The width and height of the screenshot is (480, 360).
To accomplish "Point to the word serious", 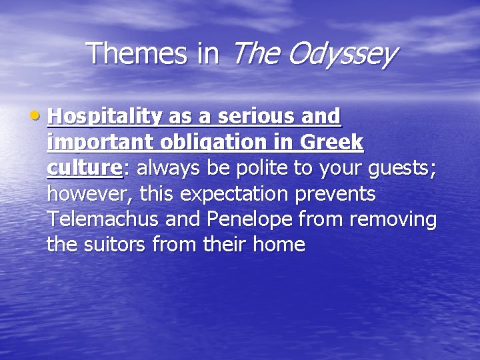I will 244,117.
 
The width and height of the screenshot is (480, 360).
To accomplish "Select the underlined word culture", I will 85,168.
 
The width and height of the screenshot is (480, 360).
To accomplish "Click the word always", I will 165,168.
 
